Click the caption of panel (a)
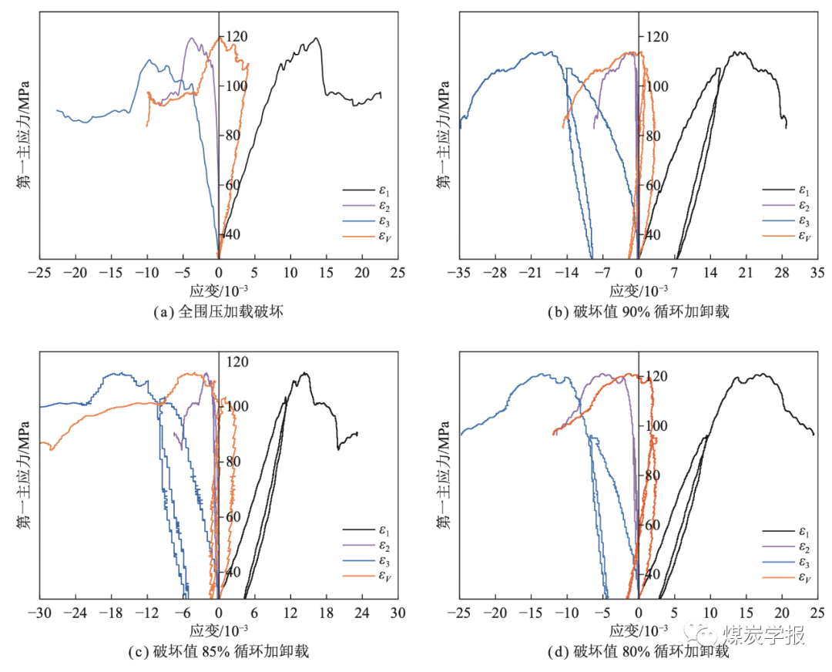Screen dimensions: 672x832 pyautogui.click(x=219, y=311)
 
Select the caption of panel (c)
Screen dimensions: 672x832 pyautogui.click(x=219, y=651)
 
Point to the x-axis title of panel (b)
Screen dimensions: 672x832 pyautogui.click(x=639, y=291)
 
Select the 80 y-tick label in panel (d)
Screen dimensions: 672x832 pyautogui.click(x=655, y=475)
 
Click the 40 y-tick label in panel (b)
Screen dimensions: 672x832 pyautogui.click(x=655, y=234)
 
